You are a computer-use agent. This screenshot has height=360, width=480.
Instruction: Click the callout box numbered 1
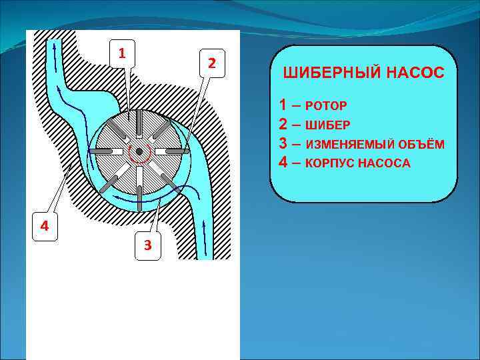click(121, 52)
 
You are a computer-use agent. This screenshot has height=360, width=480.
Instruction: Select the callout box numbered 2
click(211, 63)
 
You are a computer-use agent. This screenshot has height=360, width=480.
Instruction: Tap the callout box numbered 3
click(147, 245)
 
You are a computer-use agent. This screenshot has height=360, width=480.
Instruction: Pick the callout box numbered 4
click(44, 225)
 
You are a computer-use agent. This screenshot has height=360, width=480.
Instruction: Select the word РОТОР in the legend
click(327, 106)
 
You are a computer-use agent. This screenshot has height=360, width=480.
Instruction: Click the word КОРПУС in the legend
click(331, 163)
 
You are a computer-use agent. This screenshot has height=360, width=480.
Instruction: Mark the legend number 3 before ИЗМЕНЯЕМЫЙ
click(285, 143)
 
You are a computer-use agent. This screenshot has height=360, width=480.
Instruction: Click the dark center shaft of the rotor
click(139, 151)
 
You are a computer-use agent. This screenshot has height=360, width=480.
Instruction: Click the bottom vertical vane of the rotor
click(139, 184)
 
